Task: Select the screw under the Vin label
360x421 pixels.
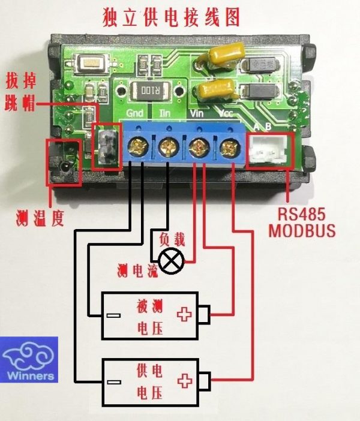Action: [197, 147]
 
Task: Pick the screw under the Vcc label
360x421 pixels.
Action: [227, 147]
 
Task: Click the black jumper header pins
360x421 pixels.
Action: [106, 148]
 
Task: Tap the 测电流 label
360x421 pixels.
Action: [137, 271]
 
